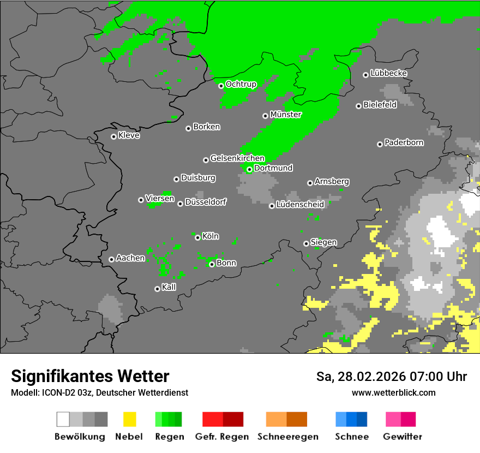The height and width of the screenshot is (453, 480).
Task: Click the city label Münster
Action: click(286, 115)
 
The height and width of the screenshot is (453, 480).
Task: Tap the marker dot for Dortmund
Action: click(249, 169)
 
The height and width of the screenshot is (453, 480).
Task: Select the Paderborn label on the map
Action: click(404, 143)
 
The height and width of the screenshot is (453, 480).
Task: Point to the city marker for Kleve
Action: click(113, 136)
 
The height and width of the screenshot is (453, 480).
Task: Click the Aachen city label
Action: click(130, 258)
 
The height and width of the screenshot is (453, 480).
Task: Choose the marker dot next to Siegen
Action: click(306, 243)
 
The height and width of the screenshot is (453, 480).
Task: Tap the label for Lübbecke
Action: click(389, 73)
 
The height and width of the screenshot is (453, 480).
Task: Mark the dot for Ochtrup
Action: click(221, 86)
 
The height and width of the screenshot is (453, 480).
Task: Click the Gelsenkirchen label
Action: click(237, 159)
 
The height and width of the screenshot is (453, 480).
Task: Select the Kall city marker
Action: click(157, 289)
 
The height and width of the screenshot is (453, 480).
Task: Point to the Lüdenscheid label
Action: click(300, 205)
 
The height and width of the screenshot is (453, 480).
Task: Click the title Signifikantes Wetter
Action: click(90, 376)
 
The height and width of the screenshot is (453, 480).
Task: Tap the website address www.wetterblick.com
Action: click(393, 392)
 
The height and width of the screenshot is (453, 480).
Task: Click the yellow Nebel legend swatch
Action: click(129, 419)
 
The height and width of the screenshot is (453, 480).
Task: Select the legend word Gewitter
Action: click(403, 437)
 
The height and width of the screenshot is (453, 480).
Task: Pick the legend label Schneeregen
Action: click(288, 437)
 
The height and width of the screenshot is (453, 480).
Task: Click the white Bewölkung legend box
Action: click(63, 419)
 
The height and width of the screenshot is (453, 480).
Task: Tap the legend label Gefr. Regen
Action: click(222, 437)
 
